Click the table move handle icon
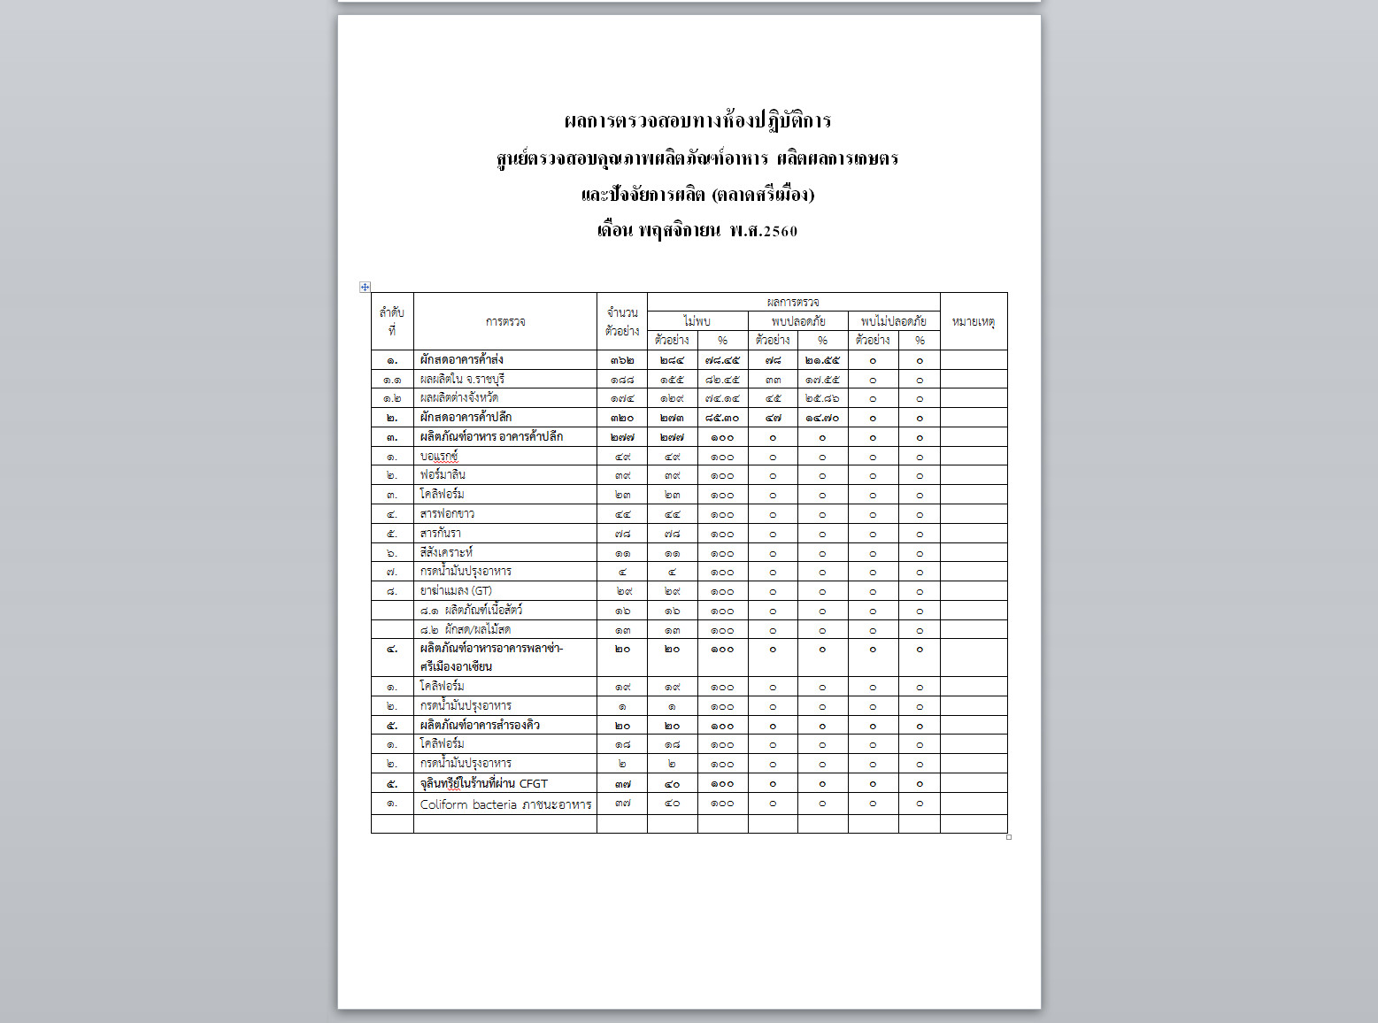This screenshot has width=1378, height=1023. pos(365,287)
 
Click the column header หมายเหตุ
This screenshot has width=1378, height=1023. pos(973,321)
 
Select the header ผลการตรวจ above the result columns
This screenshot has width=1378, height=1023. pos(793,302)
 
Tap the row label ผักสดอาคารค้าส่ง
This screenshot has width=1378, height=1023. pos(461,360)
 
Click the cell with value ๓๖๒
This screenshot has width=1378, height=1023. pos(622,360)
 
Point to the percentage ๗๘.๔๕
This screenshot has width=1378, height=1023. pos(722,360)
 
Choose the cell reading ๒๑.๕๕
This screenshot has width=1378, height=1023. pos(822,360)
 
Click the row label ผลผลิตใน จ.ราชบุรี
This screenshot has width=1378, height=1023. pos(462,380)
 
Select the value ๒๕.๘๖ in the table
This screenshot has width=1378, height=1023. pos(822,399)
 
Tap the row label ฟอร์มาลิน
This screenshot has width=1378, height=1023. pos(443,475)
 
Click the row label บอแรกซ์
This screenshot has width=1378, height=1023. pos(439,457)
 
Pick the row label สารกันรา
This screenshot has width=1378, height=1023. pos(440,534)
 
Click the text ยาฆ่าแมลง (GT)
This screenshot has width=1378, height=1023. pos(456,591)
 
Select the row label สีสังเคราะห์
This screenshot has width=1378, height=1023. pos(446,553)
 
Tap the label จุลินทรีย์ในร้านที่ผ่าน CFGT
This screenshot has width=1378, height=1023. pos(483,784)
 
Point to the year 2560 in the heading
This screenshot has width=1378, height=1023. pos(780,232)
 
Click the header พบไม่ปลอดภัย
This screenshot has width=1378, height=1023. pos(893,321)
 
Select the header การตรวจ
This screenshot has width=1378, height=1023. pos(505,321)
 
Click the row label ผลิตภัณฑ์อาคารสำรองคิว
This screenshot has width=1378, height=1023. pos(480,726)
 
